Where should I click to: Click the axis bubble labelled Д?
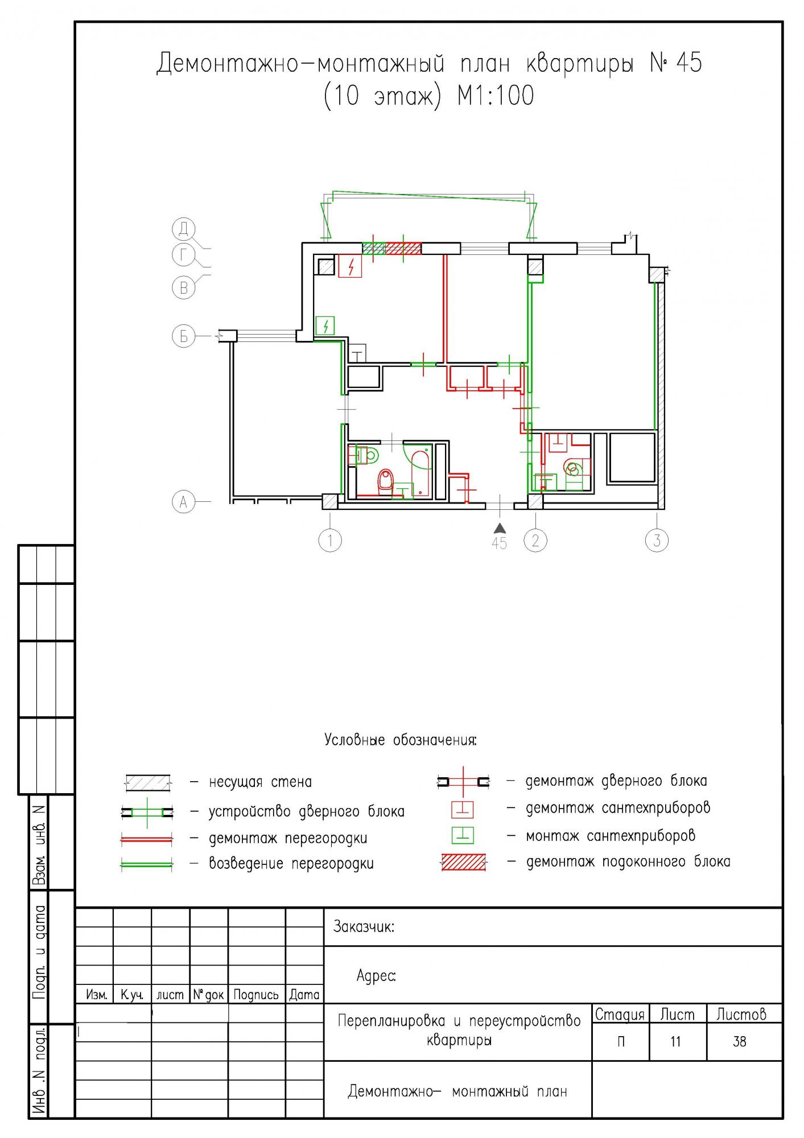(183, 229)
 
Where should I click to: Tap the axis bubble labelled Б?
(183, 336)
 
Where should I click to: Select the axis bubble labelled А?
(183, 502)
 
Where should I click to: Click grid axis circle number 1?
(330, 540)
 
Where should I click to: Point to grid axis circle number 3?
(657, 540)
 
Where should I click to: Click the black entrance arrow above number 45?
(499, 527)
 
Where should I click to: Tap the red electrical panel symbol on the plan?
(351, 266)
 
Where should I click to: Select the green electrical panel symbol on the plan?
(325, 326)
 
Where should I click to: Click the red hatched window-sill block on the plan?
(403, 249)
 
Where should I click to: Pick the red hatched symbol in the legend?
(464, 863)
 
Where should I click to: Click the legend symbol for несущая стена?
(148, 782)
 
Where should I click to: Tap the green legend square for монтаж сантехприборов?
(463, 835)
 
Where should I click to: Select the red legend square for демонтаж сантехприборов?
(463, 809)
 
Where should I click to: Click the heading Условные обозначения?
(400, 740)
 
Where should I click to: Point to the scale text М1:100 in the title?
(496, 96)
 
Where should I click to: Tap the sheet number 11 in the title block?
(675, 1042)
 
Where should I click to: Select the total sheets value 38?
(739, 1042)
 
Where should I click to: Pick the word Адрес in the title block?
(376, 976)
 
